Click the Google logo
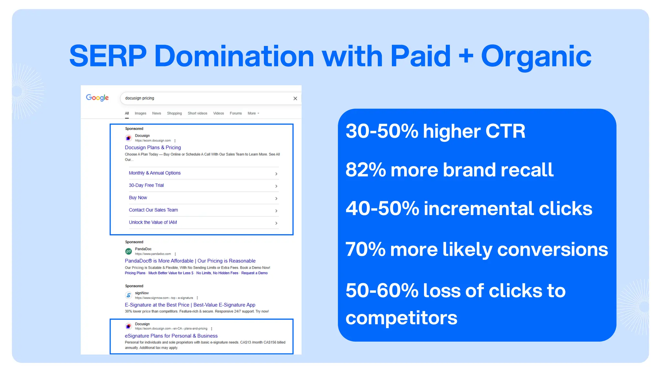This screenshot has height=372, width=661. [97, 98]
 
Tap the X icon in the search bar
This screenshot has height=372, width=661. [295, 98]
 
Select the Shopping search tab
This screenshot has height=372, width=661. [174, 113]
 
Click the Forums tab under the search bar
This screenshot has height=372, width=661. [236, 113]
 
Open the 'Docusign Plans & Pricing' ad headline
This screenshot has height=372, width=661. [153, 148]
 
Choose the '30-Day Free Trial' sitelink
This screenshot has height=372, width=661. [146, 185]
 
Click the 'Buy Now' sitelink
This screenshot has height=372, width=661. [138, 198]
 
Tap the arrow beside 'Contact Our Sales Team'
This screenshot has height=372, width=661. [276, 211]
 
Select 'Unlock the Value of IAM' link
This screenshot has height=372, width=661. [153, 222]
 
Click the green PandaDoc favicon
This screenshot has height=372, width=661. [128, 251]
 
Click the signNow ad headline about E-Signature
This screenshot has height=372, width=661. [190, 305]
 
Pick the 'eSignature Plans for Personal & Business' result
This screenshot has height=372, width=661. [171, 336]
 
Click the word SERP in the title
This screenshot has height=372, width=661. [108, 57]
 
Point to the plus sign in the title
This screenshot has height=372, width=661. [466, 57]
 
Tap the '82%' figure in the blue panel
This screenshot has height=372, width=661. [365, 170]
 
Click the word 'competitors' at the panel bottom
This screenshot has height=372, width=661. [401, 318]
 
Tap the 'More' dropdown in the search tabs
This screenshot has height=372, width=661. [253, 113]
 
